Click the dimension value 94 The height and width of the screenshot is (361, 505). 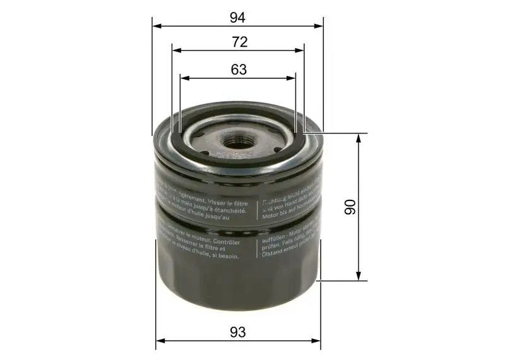[x=238, y=17]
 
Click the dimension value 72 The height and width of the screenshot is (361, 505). [x=239, y=42]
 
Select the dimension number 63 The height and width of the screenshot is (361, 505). [x=239, y=70]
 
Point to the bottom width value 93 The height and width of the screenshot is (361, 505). [x=238, y=331]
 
